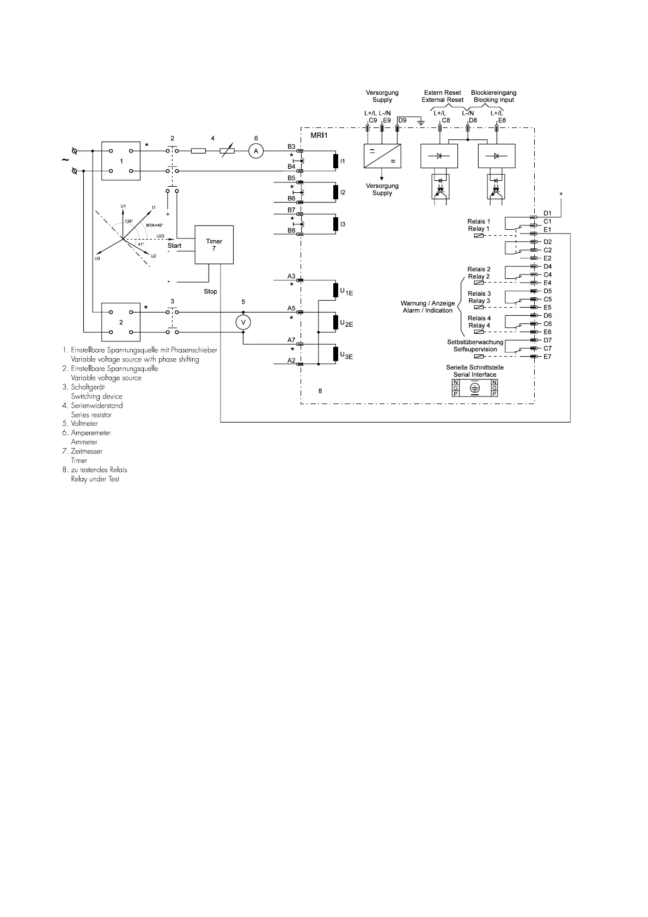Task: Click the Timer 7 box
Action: tap(213, 245)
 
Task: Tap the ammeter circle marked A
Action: tap(256, 151)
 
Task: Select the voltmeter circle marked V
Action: tap(243, 322)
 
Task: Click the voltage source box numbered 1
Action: tap(121, 161)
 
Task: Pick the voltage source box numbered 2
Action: tap(121, 322)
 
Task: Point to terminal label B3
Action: tap(291, 146)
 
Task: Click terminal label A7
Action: tap(291, 340)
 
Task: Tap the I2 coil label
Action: tap(343, 192)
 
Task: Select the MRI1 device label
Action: tap(319, 135)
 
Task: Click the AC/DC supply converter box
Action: tap(382, 156)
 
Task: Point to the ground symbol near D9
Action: tap(420, 122)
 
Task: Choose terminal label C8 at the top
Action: tap(446, 120)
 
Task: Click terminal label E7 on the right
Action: tap(547, 357)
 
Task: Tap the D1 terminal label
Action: tap(547, 213)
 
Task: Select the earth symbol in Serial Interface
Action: tap(474, 388)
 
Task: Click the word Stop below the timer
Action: tap(210, 291)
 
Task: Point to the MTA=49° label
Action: tap(154, 225)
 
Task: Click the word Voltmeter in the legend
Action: tap(84, 424)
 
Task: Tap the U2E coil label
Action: tap(346, 323)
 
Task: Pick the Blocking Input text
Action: tap(494, 100)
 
